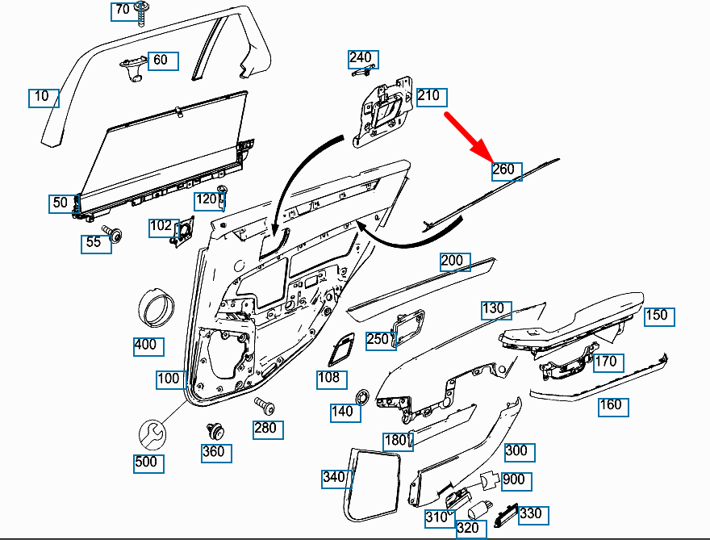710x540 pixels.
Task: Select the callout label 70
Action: point(122,10)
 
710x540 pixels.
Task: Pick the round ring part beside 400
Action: point(158,308)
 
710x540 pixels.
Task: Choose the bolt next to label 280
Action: point(263,404)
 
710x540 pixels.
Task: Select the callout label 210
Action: point(430,96)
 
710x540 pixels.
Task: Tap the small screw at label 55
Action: point(115,235)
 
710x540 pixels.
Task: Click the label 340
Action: point(335,478)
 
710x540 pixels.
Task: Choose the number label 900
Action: point(515,479)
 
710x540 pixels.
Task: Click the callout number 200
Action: point(453,261)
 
